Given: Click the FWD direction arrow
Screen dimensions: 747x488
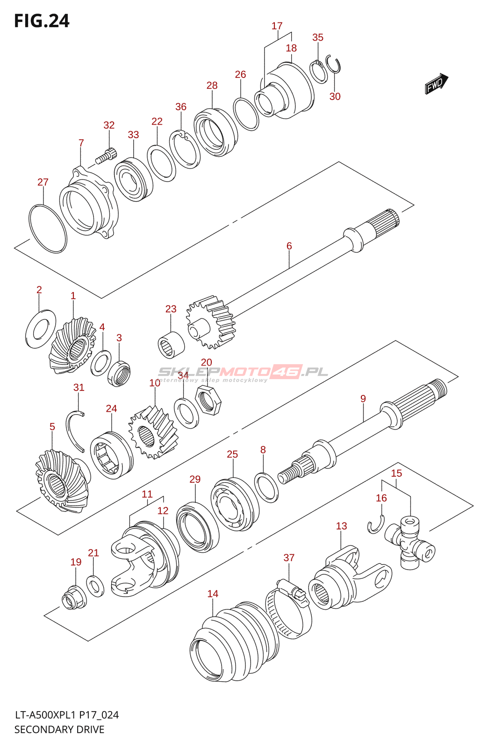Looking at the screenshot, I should click(436, 84).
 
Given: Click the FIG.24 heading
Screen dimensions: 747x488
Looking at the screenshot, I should click(42, 21).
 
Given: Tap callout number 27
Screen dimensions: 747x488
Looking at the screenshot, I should click(43, 182).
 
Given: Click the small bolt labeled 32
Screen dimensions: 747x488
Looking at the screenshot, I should click(106, 155).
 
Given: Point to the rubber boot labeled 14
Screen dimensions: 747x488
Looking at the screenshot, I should click(234, 642).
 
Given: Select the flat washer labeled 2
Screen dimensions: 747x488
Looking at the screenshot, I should click(41, 329).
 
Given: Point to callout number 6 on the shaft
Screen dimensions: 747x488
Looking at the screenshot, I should click(289, 246).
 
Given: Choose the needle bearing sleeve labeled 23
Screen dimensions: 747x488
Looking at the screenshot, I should click(171, 345).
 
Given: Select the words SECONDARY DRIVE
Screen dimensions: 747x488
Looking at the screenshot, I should click(59, 729).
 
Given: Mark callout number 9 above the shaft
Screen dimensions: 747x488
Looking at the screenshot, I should click(363, 399).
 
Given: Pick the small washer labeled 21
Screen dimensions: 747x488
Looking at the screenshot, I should click(95, 585).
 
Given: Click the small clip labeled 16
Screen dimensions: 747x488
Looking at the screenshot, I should click(375, 525).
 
